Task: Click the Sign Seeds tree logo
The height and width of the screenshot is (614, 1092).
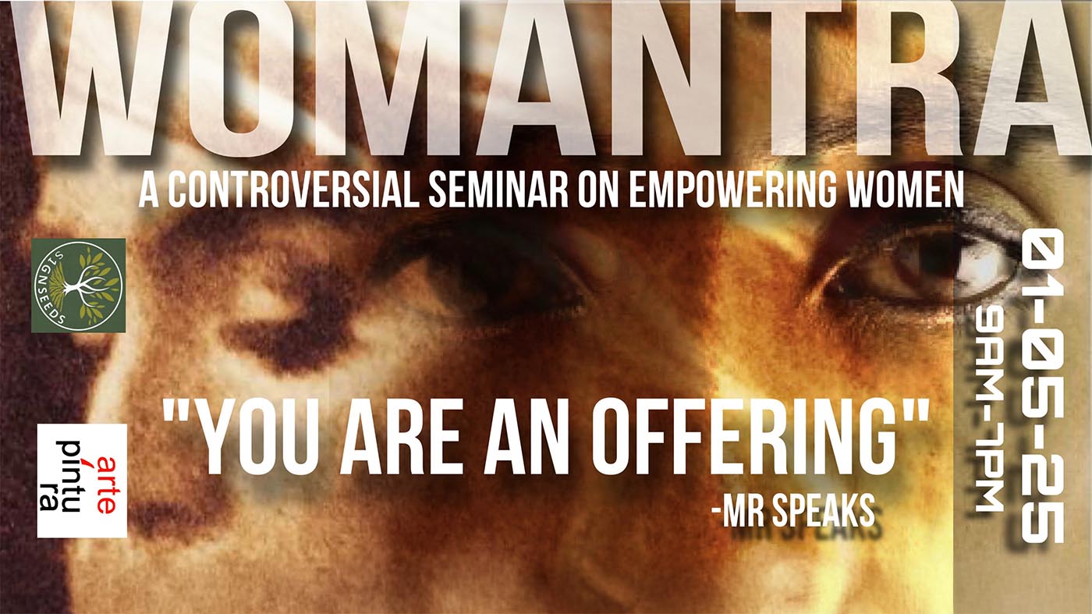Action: [79, 286]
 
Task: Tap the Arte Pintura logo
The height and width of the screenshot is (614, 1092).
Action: [82, 481]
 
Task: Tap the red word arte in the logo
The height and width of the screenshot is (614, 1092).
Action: [107, 484]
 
